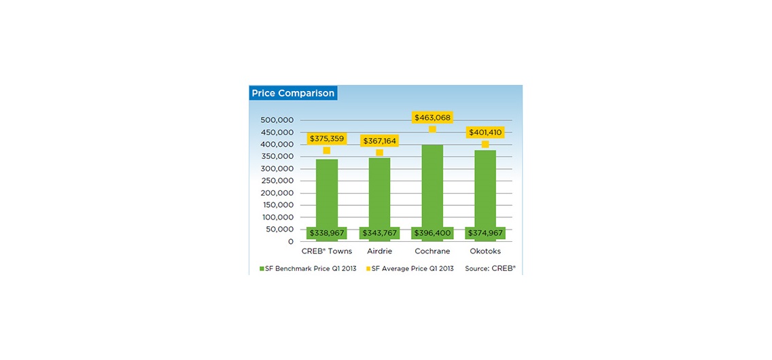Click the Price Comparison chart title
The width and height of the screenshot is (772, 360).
pos(293,93)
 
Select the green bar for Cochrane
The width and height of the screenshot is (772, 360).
pos(432,183)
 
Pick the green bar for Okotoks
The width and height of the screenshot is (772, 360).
pos(485,187)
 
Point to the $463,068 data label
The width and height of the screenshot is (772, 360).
pos(432,118)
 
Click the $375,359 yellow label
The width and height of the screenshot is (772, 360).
pos(327,139)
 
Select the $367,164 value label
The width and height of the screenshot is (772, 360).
pos(379,141)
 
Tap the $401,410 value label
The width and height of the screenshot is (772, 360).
pos(485,132)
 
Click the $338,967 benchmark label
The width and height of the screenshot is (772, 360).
pos(327,233)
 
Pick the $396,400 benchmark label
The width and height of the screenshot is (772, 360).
pos(432,233)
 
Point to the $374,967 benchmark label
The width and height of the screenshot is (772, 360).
pos(485,233)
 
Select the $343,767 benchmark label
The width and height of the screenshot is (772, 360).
pos(379,233)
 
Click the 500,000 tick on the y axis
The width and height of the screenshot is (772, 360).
pos(277,120)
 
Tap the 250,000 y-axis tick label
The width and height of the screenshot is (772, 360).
pos(277,181)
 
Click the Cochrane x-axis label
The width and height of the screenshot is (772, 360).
pos(432,251)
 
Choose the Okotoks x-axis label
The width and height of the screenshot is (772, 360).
pos(485,251)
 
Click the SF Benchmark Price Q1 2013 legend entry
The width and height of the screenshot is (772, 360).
pos(308,269)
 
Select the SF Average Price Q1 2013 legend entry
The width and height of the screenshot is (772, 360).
pos(410,269)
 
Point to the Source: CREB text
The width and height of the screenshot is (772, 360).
pos(490,269)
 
